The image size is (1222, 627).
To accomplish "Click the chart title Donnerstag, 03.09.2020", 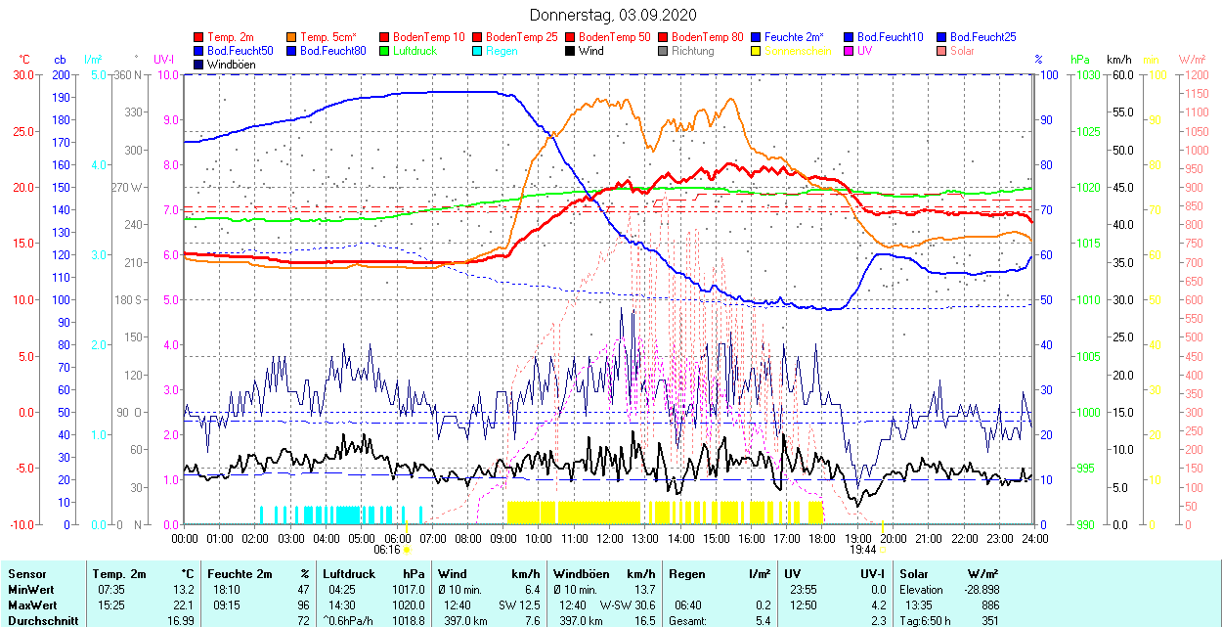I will pos(613,15).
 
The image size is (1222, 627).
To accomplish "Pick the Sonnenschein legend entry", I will pos(798,51).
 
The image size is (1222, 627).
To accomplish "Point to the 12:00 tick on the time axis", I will pos(609,538).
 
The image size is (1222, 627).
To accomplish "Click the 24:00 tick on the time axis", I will pos(1034,538).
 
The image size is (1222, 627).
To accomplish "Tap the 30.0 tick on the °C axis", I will pos(20,74).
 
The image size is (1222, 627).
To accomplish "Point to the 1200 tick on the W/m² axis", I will pos(1196,74).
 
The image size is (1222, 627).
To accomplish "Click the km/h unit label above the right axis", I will pos(1119,60).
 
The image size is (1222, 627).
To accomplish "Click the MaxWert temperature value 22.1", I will pos(184,605).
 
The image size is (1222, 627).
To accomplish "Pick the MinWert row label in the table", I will pos(31,590).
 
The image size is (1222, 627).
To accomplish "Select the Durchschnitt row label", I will pos(40,620).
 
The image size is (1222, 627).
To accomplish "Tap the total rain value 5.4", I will pos(762,620).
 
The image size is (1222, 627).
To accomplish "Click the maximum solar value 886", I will pos(990,605).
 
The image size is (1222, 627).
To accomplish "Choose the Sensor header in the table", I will pos(26,574).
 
